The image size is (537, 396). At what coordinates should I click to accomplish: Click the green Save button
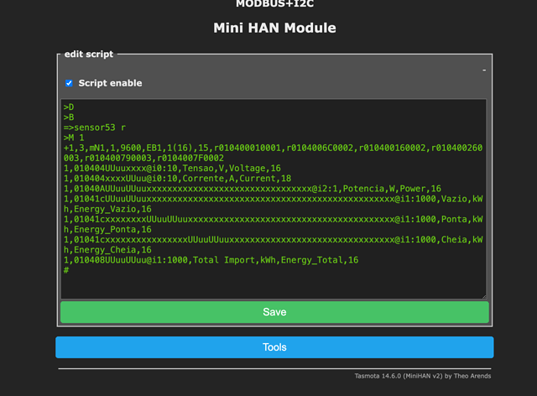pos(274,312)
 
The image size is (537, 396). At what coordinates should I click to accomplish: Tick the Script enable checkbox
pos(69,83)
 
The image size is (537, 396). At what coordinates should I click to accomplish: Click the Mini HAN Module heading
pos(274,28)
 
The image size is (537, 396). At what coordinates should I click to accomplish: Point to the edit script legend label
pos(89,55)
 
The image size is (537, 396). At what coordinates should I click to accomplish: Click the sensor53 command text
pos(95,128)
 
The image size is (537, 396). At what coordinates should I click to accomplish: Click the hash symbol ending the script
pos(66,270)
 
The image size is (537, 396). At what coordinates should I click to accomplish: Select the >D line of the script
pos(69,107)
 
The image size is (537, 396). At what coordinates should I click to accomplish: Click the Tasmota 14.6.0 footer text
pos(423,376)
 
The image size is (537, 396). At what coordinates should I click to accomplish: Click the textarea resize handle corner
pos(484,297)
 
